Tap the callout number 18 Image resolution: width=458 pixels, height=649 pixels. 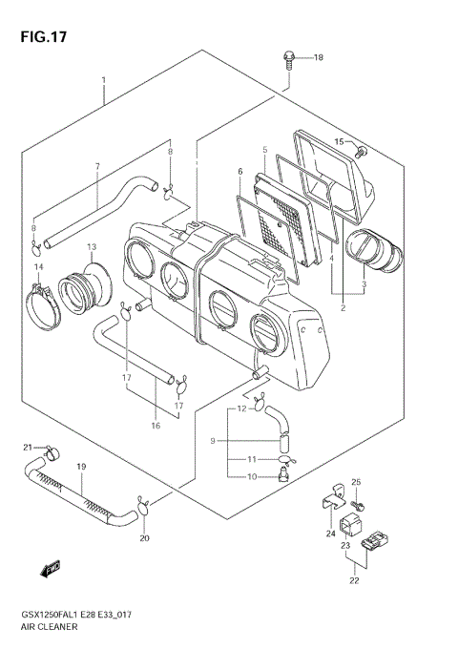(x=319, y=57)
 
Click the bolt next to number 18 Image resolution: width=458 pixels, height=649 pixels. (x=287, y=59)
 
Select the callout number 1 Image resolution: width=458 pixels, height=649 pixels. (x=103, y=82)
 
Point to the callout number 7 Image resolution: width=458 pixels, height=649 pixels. (x=96, y=167)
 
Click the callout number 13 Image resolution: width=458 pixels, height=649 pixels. (x=92, y=247)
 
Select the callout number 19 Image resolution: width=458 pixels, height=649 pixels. (x=81, y=467)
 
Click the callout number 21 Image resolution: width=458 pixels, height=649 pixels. (x=29, y=447)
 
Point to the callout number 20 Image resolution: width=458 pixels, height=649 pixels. (x=145, y=538)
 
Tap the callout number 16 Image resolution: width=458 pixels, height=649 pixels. (x=155, y=426)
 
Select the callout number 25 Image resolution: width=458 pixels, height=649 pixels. (x=356, y=482)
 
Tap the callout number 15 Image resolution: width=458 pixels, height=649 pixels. (x=338, y=142)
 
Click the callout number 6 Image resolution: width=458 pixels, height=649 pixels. (x=240, y=171)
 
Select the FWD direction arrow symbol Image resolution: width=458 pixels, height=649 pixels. (x=51, y=571)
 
